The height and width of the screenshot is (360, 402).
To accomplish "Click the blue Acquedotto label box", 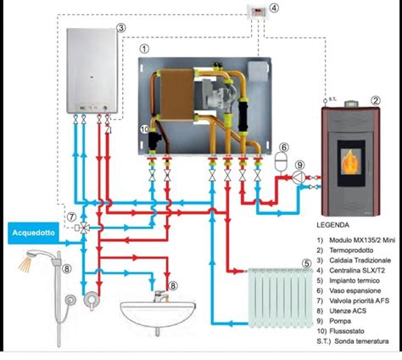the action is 33,233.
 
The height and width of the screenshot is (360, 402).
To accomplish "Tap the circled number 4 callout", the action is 273,8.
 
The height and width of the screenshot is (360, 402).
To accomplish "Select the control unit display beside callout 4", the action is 259,12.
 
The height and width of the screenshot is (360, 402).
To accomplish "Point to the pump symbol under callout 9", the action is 299,177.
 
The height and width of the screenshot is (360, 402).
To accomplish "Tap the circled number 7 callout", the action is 71,217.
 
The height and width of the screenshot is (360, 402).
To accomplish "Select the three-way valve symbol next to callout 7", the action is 83,228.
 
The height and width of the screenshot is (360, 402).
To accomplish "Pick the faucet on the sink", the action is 160,296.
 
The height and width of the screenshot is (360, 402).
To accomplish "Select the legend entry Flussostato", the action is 347,331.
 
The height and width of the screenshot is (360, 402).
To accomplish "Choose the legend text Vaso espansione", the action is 355,290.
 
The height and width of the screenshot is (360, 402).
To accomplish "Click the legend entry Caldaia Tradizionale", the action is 360,261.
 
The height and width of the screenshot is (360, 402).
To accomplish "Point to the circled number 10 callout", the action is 144,129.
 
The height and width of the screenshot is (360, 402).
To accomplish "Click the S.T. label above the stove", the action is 332,99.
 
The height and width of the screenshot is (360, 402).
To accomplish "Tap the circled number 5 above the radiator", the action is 307,263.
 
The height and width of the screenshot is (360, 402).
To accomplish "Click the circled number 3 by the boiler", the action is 120,28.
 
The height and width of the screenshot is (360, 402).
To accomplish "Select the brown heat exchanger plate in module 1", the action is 177,95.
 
